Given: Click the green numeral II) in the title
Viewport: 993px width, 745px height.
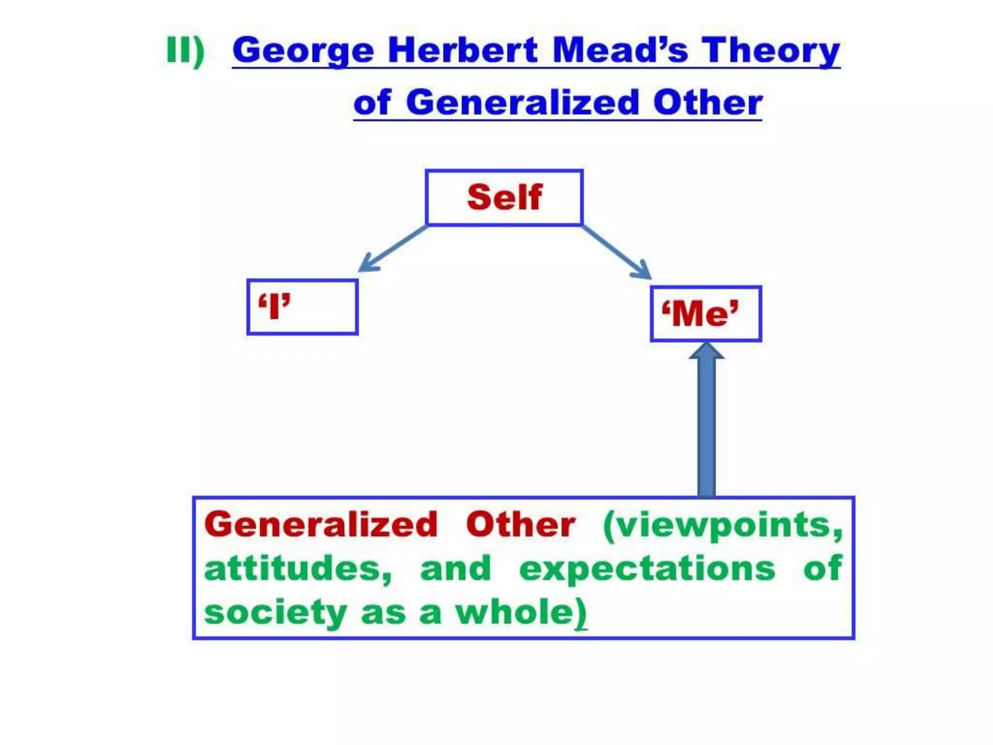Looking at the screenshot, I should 185,50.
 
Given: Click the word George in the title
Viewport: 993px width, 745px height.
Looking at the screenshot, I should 303,51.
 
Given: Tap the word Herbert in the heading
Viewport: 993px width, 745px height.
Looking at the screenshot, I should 463,50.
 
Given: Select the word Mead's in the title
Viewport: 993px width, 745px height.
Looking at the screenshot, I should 620,50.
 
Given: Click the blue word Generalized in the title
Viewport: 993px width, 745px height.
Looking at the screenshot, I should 523,103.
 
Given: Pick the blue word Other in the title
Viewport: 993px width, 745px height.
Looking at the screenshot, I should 707,103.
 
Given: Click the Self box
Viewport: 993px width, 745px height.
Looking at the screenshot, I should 504,197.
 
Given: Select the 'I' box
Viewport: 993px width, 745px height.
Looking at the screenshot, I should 303,307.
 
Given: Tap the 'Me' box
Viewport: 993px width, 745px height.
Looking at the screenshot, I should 706,314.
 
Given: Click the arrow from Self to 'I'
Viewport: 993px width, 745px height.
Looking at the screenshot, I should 393,248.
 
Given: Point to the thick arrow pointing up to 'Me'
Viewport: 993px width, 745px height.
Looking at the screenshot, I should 706,422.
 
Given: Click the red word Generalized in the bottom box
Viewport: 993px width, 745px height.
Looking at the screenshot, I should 321,525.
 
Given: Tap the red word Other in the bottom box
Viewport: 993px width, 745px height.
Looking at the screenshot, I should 521,525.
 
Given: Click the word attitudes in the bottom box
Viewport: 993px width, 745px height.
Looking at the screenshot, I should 297,568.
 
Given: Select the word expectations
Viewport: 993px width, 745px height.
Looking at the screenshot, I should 647,569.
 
